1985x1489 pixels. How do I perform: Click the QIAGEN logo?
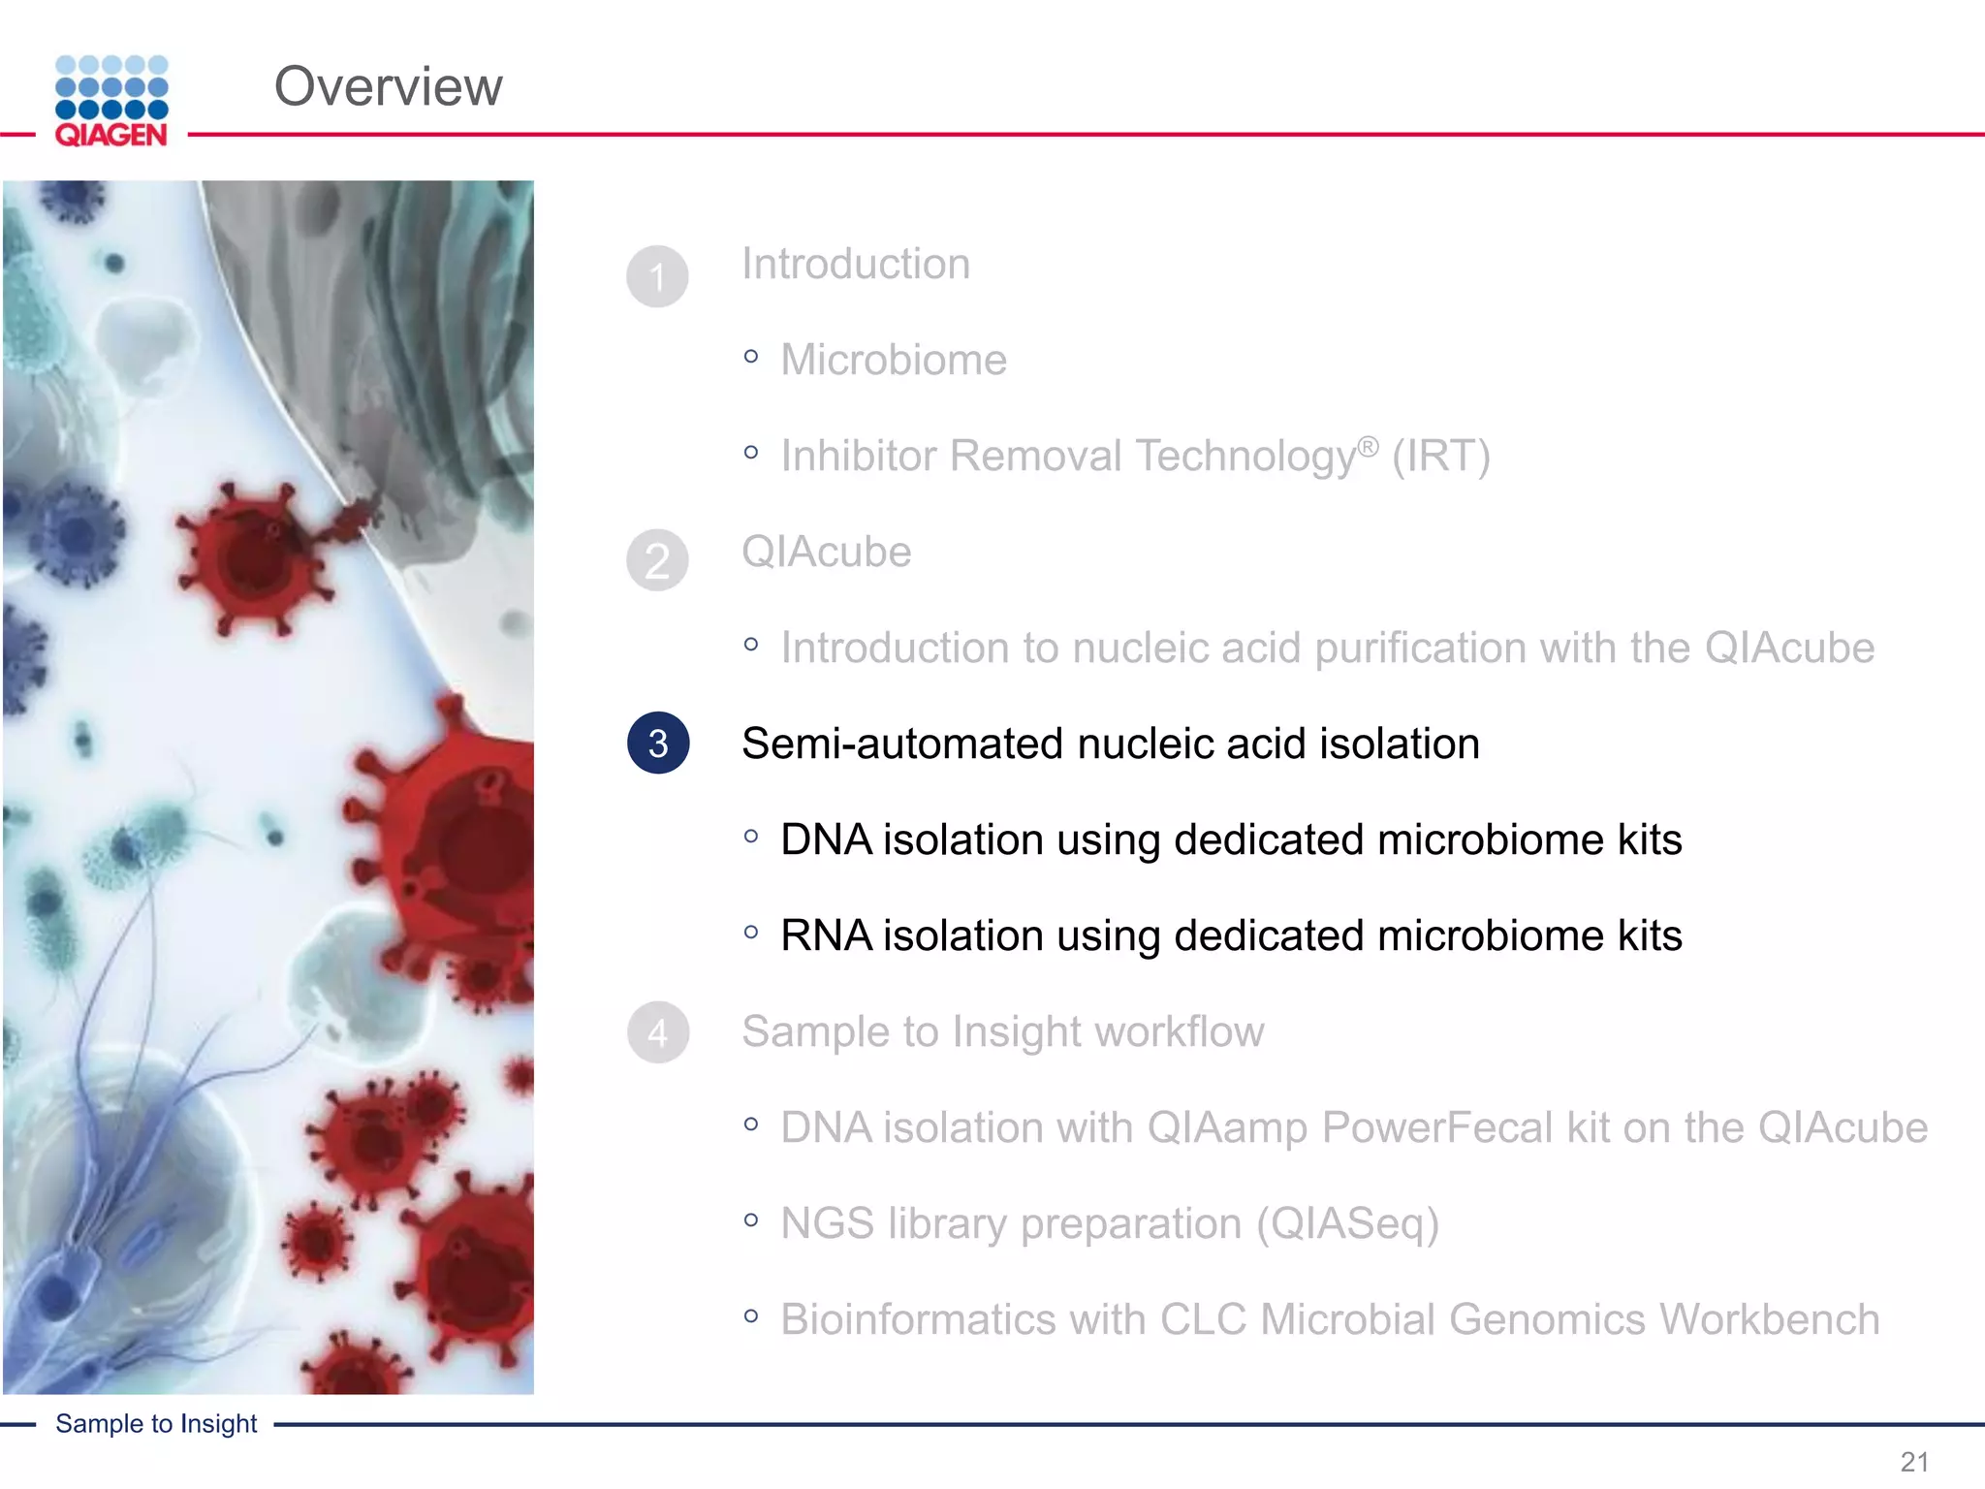click(111, 102)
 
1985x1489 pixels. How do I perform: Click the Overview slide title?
click(388, 86)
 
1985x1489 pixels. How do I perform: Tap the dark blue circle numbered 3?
click(658, 744)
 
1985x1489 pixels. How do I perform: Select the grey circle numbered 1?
click(657, 276)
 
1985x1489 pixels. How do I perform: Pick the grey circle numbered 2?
click(657, 560)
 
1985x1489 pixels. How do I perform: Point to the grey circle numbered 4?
click(657, 1032)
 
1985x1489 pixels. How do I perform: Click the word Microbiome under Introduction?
click(894, 360)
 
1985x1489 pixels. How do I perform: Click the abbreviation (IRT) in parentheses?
click(1440, 456)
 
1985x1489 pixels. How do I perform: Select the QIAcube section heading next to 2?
click(826, 552)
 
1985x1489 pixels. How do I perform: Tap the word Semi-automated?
click(901, 744)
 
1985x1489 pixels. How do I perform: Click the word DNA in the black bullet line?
click(826, 840)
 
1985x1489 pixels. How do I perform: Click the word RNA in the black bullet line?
click(826, 935)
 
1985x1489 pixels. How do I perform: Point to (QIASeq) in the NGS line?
click(1347, 1223)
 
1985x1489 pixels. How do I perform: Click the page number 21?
click(1913, 1461)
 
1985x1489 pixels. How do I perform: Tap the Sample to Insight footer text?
click(156, 1423)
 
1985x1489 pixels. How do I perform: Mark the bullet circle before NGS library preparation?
click(751, 1220)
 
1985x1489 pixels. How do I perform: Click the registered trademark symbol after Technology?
click(1367, 446)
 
